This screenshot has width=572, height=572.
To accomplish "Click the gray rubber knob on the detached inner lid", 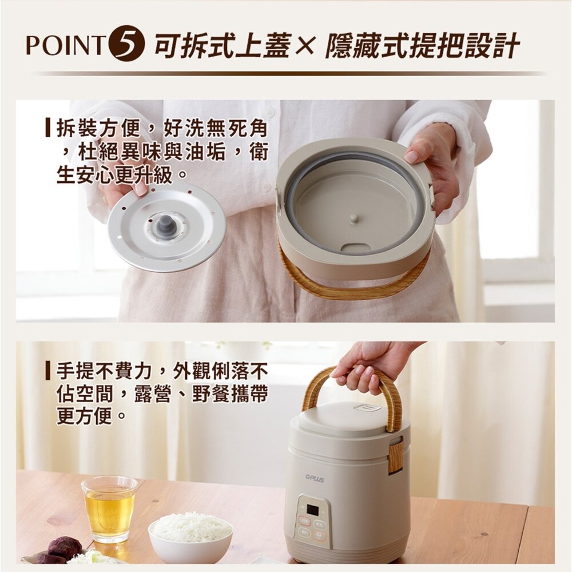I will click(166, 224).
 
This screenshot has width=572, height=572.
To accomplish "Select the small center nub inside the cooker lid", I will click(354, 218).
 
